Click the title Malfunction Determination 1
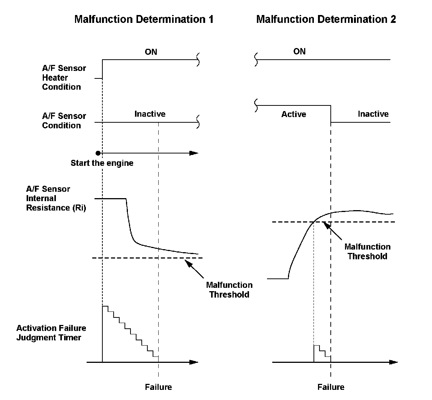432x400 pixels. [144, 19]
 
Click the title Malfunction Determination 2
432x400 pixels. [326, 19]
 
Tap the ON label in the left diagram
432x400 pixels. [151, 52]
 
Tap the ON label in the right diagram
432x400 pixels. [299, 51]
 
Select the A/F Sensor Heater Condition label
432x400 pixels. [64, 78]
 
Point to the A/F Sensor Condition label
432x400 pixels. [64, 121]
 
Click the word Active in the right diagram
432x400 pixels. [294, 114]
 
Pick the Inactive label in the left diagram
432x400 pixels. [150, 114]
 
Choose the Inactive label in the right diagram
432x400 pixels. [373, 114]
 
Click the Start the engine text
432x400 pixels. [102, 163]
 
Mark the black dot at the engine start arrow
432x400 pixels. [98, 153]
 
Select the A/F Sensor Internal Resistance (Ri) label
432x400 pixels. [56, 198]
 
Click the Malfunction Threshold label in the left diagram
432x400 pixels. [229, 290]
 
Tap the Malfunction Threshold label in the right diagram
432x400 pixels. [367, 251]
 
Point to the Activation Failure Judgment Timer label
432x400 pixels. [51, 333]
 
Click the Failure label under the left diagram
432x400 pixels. [158, 387]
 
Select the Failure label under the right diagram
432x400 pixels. [331, 387]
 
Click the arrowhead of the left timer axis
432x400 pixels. [193, 362]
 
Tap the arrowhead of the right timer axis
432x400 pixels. [393, 362]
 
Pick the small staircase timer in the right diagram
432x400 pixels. [321, 353]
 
